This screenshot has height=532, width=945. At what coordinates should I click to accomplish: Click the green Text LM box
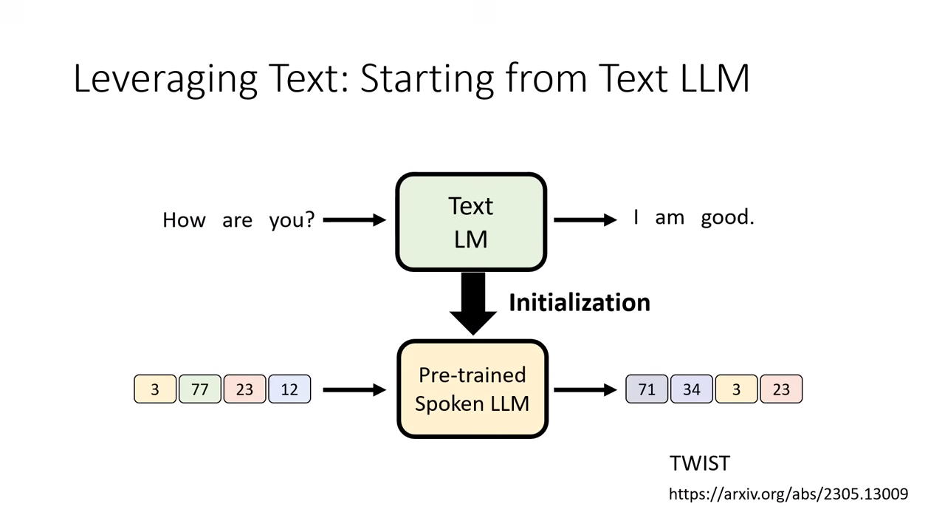tap(471, 222)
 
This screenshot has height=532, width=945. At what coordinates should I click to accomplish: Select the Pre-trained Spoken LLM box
tap(472, 389)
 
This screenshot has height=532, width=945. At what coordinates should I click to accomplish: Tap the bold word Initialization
tap(579, 302)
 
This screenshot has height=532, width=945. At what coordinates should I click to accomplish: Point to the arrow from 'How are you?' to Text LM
tap(354, 219)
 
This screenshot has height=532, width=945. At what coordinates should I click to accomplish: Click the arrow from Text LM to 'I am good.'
tap(585, 219)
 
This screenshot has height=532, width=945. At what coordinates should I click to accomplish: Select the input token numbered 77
tap(200, 389)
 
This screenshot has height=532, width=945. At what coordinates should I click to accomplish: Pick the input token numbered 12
tap(289, 389)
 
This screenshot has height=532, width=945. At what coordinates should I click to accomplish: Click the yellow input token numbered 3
tap(155, 389)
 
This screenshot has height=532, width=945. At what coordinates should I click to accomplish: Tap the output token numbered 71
tap(647, 389)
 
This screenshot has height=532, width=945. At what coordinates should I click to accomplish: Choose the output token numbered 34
tap(692, 389)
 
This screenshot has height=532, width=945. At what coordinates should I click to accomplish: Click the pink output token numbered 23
tap(781, 389)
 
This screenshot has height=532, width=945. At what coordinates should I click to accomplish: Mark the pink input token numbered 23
tap(244, 389)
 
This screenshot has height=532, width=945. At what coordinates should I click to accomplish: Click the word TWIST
tap(699, 463)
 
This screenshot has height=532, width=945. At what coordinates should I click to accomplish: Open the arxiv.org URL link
tap(788, 494)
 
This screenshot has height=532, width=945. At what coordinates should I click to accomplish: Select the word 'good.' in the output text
tap(727, 218)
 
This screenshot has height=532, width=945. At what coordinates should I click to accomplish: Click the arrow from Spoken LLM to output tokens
tap(585, 389)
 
